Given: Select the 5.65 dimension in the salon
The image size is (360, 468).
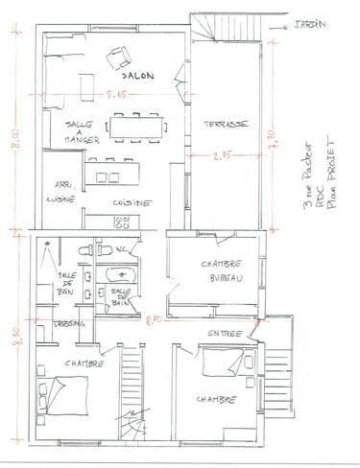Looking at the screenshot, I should point(116,94).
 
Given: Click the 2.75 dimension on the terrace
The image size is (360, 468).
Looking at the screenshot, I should point(224,152).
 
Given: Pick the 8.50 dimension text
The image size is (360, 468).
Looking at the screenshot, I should point(12,339).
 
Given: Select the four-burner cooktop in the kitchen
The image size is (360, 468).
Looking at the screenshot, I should point(124,222).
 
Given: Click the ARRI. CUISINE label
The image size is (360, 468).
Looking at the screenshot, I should point(61,194).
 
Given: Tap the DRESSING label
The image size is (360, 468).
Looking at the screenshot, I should point(69,324).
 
